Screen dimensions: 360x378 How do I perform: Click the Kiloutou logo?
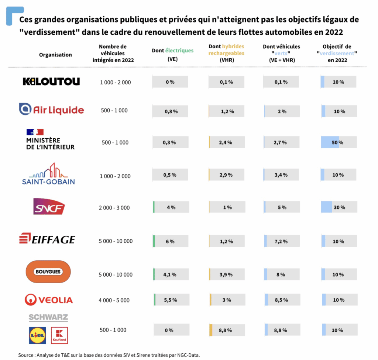pos(51,82)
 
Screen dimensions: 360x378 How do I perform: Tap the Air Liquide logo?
pos(51,110)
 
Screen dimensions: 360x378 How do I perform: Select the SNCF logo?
pos(49,207)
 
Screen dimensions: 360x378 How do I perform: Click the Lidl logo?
pos(37,335)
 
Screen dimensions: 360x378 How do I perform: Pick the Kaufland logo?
pos(59,335)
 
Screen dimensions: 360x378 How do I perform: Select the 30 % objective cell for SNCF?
pos(339,207)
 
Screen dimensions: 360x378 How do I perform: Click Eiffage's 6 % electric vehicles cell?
pos(170,241)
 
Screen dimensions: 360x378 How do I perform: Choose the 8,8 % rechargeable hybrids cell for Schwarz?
pos(226,330)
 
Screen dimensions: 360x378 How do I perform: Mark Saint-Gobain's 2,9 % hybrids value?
pos(226,175)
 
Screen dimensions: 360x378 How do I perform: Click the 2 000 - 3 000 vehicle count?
pos(114,208)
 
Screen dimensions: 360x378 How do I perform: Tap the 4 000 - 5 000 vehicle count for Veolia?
pos(114,300)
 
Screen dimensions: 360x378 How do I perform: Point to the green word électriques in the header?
pos(179,51)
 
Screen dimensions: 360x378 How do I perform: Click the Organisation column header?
pos(55,55)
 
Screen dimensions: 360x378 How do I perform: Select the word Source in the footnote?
pos(26,355)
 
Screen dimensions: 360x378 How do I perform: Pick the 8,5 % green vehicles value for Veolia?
pos(281,300)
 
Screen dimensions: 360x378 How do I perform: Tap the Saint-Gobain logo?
pos(48,174)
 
